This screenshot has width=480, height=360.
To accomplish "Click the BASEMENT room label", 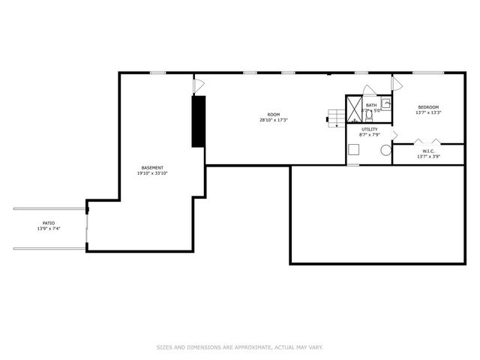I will click(x=152, y=167).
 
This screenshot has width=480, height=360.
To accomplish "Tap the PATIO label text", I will click(x=49, y=223).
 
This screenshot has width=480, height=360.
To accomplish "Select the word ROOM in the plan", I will click(x=274, y=115).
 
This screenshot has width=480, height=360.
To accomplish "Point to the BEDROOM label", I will click(x=428, y=107).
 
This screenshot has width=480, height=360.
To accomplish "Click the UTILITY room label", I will click(x=370, y=129).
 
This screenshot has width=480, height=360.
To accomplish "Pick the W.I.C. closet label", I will click(x=428, y=151).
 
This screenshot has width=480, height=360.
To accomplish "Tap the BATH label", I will click(x=371, y=105).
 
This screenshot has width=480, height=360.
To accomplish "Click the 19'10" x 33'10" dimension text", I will click(x=152, y=173).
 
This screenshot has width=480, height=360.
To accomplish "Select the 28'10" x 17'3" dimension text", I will click(x=274, y=120).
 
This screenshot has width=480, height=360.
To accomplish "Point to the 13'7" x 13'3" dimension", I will click(x=428, y=113).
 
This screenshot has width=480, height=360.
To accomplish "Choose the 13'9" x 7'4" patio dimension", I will click(x=49, y=228).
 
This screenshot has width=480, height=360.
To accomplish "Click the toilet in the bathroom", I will click(x=368, y=115).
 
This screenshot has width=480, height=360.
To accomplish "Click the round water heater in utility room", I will click(x=385, y=150).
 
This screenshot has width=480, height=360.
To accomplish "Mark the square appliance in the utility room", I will click(x=353, y=150).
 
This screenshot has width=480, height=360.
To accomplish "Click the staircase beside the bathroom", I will click(x=335, y=117).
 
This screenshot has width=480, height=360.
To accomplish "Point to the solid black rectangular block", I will click(x=199, y=121).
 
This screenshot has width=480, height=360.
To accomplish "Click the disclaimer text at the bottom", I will click(x=240, y=347).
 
